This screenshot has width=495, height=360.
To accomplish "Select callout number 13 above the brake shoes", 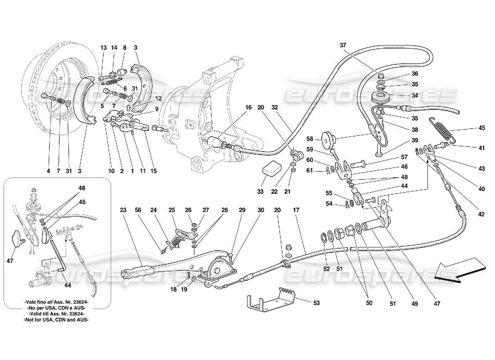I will tap(103, 47).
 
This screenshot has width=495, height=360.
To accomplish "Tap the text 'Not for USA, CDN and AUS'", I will tap(56, 320).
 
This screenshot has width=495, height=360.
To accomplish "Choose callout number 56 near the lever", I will tap(139, 209).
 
